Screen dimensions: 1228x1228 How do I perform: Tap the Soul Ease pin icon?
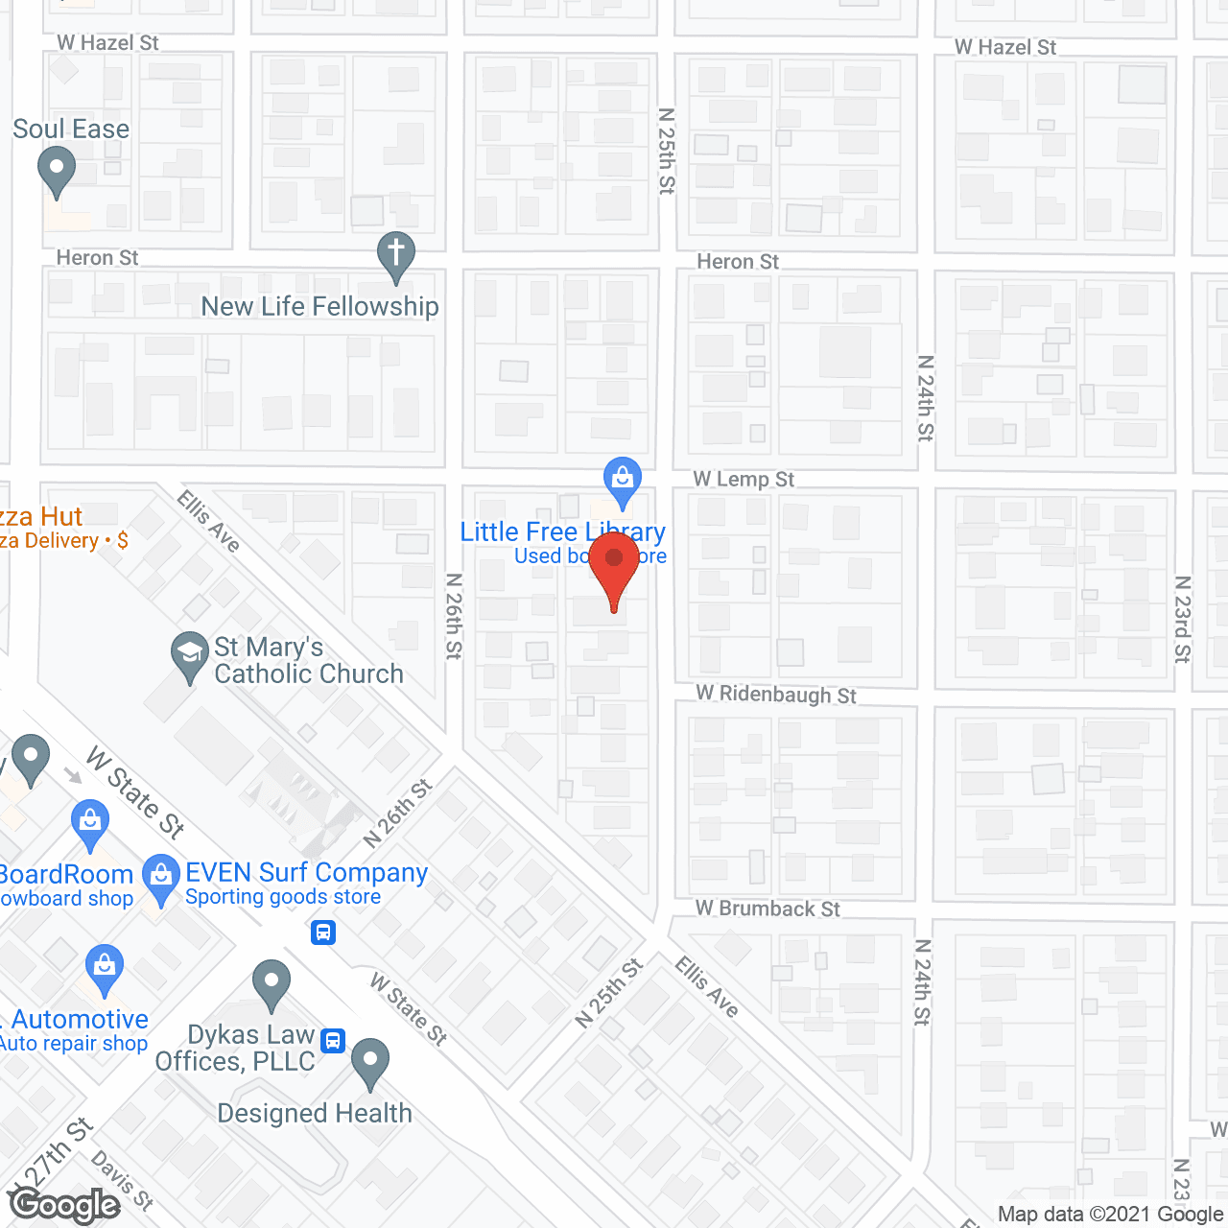(x=57, y=172)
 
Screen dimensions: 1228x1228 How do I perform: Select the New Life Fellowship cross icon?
(x=395, y=255)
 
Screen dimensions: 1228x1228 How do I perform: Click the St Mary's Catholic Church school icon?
(x=190, y=655)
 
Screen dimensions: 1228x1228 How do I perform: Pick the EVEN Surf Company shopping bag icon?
(x=160, y=878)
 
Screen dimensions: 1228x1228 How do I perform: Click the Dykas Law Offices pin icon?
(x=272, y=983)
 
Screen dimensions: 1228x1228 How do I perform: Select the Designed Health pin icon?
(x=370, y=1062)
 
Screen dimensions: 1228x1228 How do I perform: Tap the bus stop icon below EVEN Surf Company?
(x=323, y=932)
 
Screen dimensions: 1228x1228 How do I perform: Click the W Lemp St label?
(x=744, y=479)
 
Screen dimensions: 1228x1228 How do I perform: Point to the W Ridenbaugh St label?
(x=776, y=694)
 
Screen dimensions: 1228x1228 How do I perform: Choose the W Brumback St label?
(x=767, y=908)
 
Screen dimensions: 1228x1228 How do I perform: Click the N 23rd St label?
(x=1183, y=619)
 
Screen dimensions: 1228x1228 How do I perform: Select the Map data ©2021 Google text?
(x=1111, y=1215)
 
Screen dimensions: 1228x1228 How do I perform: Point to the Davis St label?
(x=123, y=1180)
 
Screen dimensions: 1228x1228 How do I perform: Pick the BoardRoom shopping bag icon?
(x=90, y=823)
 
